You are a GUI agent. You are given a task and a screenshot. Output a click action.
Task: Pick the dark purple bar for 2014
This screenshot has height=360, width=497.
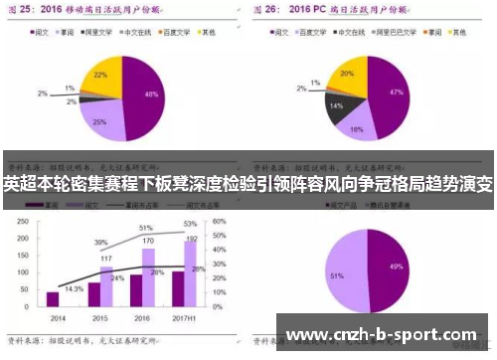tap(53, 298)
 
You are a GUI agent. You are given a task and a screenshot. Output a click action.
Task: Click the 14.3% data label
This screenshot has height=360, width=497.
tap(74, 287)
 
